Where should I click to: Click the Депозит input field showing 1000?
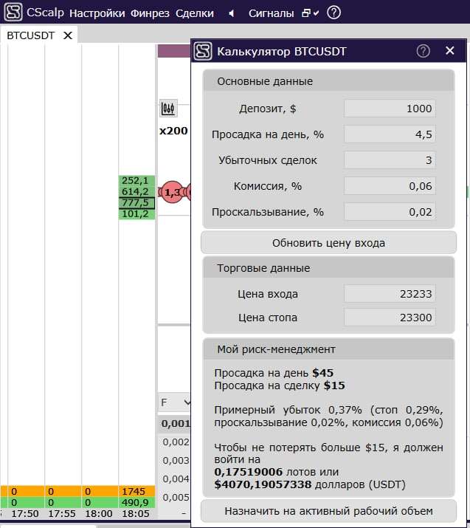point(390,109)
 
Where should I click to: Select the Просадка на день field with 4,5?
point(390,134)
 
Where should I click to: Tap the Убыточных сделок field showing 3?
point(390,160)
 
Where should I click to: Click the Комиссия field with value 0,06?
point(390,186)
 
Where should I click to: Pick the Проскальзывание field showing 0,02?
point(390,212)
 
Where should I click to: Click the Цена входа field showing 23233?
point(390,294)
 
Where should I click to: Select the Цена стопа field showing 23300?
point(390,318)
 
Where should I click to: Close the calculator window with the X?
point(450,51)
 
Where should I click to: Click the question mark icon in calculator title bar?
point(423,51)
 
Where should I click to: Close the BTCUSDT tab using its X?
point(69,35)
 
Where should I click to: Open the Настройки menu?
point(97,13)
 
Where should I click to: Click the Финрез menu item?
point(150,13)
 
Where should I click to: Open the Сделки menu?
point(195,13)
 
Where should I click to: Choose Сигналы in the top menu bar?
point(272,13)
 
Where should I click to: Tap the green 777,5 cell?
point(136,203)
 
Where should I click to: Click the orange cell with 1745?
point(136,491)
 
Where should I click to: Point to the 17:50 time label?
point(26,513)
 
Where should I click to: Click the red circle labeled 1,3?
point(172,193)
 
